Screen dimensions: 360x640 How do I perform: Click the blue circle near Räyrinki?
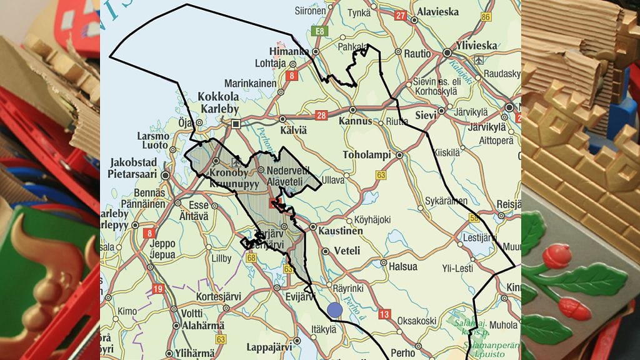(334, 309)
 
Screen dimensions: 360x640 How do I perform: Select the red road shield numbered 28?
(322, 115)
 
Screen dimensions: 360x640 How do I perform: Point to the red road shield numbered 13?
(384, 314)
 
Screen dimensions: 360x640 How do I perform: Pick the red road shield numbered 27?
(401, 16)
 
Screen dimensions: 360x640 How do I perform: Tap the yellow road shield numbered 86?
(486, 17)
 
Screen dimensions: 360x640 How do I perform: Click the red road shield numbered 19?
(157, 288)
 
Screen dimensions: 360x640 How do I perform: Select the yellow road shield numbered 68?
(251, 257)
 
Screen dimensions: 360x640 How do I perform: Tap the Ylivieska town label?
(476, 46)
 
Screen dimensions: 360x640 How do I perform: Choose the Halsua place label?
(402, 267)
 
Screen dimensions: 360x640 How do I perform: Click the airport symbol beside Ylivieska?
(479, 60)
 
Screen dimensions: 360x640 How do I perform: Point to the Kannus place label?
(355, 121)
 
